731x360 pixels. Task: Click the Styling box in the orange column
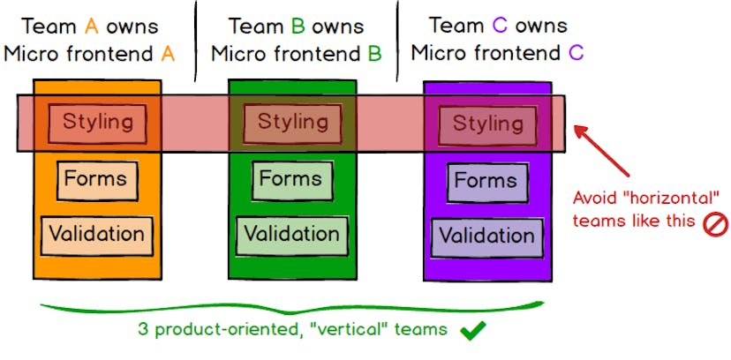[x=97, y=121]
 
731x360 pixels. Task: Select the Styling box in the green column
[x=292, y=121]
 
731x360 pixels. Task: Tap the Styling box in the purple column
[x=487, y=123]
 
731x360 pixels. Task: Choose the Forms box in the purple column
[x=486, y=182]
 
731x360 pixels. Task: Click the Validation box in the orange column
[x=97, y=235]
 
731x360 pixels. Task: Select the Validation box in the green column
[x=292, y=235]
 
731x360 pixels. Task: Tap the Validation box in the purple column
[x=487, y=236]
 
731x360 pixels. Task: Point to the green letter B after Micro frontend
[x=375, y=54]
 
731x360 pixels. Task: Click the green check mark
[x=474, y=331]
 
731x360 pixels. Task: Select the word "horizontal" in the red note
[x=664, y=197]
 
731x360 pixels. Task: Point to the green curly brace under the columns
[x=291, y=309]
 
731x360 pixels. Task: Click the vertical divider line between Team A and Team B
[x=196, y=40]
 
